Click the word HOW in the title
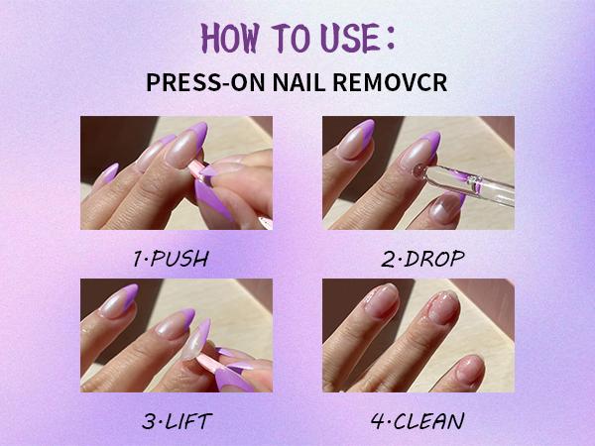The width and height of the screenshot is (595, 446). (x=230, y=38)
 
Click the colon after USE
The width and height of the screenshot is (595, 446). (x=391, y=38)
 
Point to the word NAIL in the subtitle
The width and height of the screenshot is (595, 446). (x=299, y=82)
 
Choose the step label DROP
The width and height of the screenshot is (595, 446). (x=434, y=259)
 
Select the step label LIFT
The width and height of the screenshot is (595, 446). (x=188, y=421)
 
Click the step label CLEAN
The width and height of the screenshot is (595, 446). (x=428, y=421)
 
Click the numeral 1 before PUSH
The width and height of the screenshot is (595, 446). (x=139, y=259)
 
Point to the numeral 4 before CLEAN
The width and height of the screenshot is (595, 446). (x=379, y=421)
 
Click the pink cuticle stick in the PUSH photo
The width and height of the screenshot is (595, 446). (x=196, y=169)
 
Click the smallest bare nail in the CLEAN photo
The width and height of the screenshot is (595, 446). (x=470, y=369)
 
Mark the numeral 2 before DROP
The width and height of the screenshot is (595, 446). (x=389, y=259)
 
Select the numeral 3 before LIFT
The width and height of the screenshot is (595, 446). (x=149, y=421)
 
